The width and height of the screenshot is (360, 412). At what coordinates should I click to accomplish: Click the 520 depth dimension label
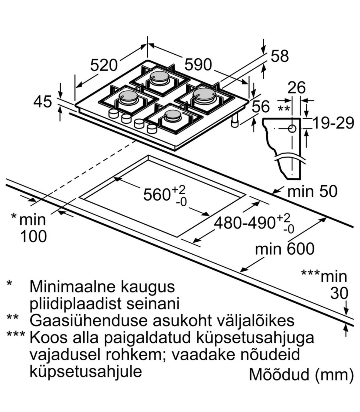[103, 65]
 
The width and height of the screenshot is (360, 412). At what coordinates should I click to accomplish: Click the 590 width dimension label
[198, 65]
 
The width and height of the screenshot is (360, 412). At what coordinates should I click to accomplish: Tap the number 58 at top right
[280, 56]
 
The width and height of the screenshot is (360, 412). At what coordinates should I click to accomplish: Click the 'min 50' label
[312, 191]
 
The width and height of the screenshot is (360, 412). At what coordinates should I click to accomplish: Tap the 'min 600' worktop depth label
[285, 249]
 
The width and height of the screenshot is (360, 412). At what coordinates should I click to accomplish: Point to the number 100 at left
[33, 236]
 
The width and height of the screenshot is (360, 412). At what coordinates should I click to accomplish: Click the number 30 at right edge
[339, 293]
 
